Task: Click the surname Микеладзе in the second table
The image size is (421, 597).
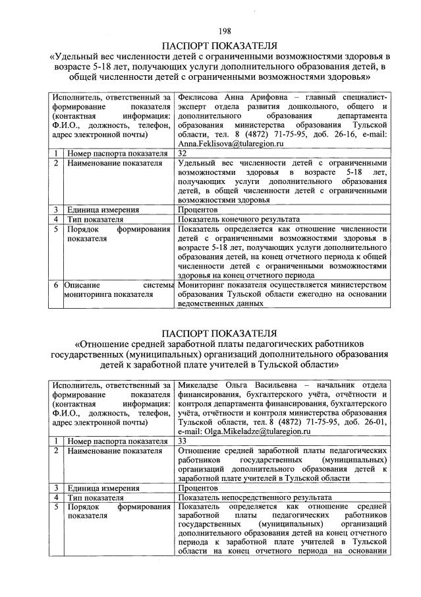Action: (x=203, y=384)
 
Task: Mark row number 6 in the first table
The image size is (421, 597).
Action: (x=57, y=285)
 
